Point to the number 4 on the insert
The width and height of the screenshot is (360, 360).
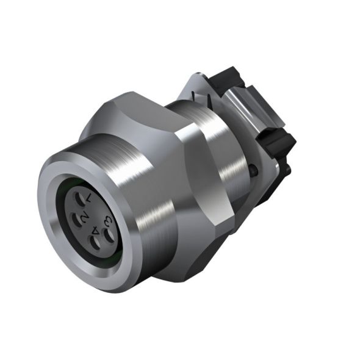click(96, 232)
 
